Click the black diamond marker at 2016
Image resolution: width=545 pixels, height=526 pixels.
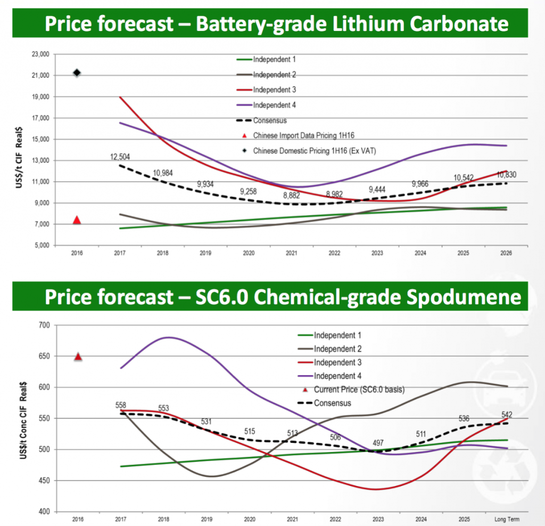pos(77,72)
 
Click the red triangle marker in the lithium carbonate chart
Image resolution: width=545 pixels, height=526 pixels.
pos(77,220)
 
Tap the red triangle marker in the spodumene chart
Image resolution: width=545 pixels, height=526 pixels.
pos(78,357)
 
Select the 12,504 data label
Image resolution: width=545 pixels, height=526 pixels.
pos(120,157)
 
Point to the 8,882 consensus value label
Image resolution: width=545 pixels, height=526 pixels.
pos(290,195)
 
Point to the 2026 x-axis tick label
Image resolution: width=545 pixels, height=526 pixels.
pos(506,254)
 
